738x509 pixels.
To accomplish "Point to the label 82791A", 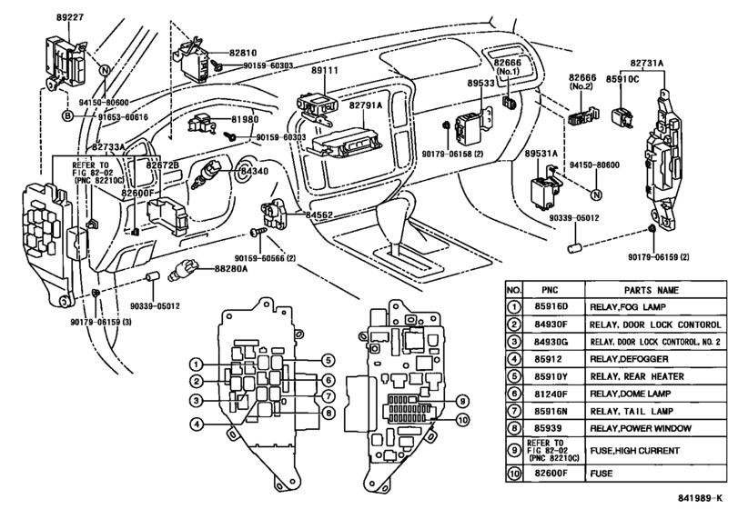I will pyautogui.click(x=347, y=105).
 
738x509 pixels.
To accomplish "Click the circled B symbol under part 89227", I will pyautogui.click(x=67, y=116).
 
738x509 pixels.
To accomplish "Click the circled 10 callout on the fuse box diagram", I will pyautogui.click(x=462, y=419).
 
